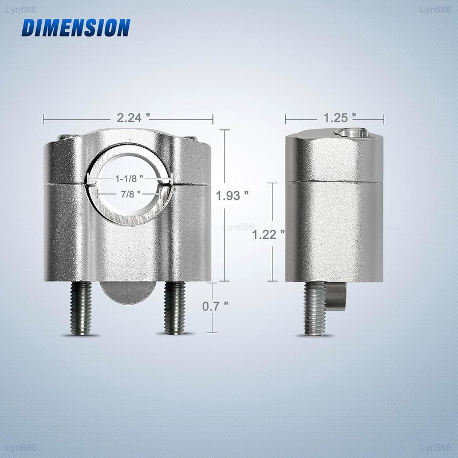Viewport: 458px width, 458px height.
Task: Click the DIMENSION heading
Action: point(76,27)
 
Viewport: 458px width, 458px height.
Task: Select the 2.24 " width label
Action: point(133,118)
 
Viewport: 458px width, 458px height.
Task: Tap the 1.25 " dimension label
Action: point(339,118)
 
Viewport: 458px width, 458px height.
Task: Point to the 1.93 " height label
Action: point(232,196)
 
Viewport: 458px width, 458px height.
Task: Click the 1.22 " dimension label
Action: point(268,235)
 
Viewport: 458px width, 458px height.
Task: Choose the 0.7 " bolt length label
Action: point(215,306)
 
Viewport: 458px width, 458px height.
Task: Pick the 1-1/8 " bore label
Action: point(129,179)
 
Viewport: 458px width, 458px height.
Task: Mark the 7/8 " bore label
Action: point(131,194)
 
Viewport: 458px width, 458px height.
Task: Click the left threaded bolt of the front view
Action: point(81,308)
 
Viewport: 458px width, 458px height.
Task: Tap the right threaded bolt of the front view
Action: point(175,308)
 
